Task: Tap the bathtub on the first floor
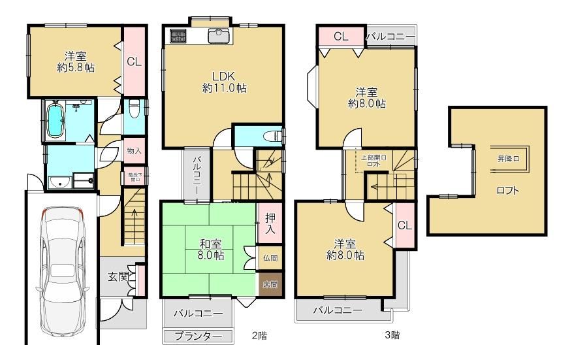point(54,122)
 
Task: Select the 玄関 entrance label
point(118,276)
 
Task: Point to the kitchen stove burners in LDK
point(178,37)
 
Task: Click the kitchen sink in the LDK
point(217,36)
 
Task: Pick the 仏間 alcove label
point(270,257)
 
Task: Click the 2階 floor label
point(259,336)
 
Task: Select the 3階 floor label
point(392,336)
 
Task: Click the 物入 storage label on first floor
point(134,151)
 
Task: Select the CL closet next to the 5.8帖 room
point(134,62)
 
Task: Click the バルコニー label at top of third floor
point(390,36)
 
